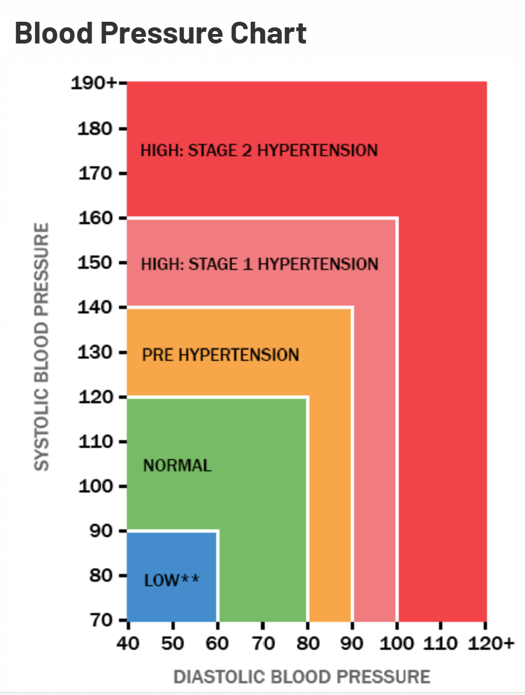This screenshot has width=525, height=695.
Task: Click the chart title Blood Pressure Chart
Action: (x=161, y=33)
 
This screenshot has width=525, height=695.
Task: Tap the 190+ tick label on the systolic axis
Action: (x=93, y=84)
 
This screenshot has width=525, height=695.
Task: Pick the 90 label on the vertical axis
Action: (x=105, y=531)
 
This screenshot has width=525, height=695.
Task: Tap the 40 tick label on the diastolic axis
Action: (x=127, y=643)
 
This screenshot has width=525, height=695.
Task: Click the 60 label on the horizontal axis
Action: (x=217, y=643)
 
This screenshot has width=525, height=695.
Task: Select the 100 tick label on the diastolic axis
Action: (x=397, y=643)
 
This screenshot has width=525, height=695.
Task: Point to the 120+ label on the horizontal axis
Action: (x=489, y=643)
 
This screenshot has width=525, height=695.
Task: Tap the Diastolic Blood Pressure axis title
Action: (x=302, y=677)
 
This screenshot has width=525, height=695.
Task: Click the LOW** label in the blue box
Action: (x=171, y=581)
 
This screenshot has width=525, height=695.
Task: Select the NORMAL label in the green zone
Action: (x=177, y=466)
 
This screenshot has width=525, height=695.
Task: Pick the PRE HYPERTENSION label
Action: (x=221, y=355)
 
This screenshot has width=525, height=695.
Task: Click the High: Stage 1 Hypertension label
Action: (x=260, y=263)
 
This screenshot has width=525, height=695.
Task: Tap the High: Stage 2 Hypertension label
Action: (x=259, y=151)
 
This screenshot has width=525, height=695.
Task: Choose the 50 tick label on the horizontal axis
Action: (x=173, y=643)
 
